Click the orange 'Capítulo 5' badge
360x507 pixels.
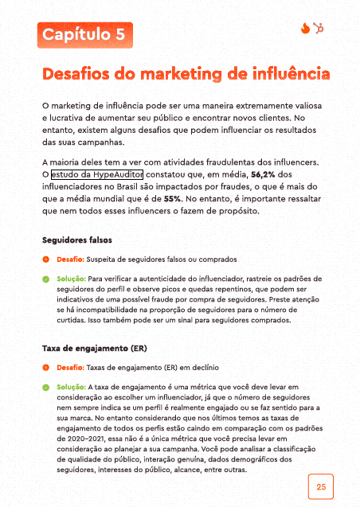click(x=84, y=35)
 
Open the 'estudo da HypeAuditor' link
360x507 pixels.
click(x=97, y=174)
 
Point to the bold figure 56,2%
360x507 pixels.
click(x=266, y=174)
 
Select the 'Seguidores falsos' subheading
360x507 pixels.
click(x=76, y=239)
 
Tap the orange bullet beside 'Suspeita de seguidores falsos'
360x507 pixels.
click(x=46, y=259)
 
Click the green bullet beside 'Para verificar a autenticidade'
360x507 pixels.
click(x=46, y=279)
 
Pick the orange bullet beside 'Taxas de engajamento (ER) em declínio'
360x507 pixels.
click(x=46, y=368)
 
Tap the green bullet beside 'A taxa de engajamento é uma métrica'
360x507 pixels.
click(x=46, y=388)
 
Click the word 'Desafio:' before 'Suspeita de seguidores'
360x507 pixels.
click(x=70, y=259)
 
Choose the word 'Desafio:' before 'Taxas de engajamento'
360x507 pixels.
click(x=70, y=368)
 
